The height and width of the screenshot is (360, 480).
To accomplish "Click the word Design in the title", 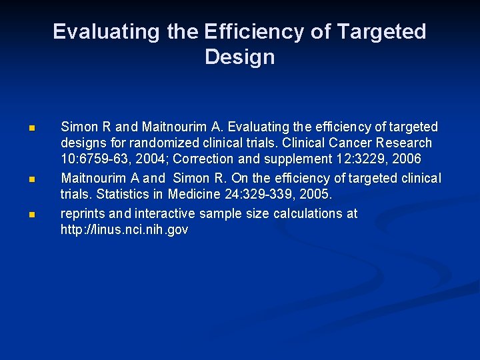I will click(x=239, y=57).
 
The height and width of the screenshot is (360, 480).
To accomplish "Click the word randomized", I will click(x=155, y=143).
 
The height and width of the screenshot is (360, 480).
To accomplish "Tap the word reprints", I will click(x=83, y=213).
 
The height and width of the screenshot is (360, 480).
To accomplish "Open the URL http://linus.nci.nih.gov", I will click(x=124, y=231).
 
